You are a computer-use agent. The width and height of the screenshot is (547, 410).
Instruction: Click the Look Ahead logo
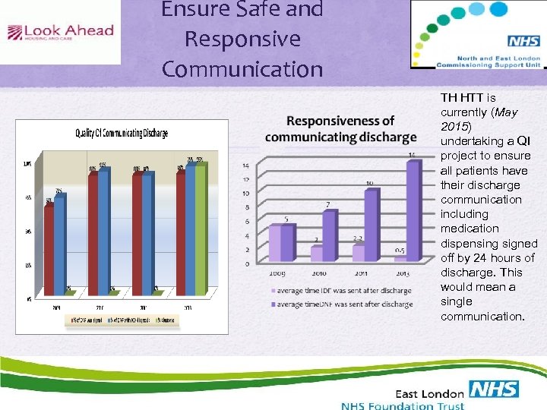(60, 32)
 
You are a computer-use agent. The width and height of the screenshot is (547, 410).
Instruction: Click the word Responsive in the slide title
(242, 39)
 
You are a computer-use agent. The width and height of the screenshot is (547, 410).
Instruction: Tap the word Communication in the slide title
(242, 68)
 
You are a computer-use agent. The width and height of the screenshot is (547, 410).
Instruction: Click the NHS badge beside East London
(494, 389)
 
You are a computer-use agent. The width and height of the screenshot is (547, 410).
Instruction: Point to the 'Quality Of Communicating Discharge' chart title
(122, 133)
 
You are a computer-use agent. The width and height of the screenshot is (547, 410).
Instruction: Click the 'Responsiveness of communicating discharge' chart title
(340, 129)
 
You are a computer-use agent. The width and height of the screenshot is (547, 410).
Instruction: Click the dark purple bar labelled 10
(370, 225)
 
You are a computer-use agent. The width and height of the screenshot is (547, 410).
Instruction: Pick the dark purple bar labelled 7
(328, 235)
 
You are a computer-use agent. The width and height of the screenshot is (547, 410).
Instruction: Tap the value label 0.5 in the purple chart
(399, 250)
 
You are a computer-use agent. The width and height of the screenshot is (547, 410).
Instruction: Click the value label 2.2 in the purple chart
(357, 238)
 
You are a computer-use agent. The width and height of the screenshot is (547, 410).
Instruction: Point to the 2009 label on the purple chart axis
(277, 273)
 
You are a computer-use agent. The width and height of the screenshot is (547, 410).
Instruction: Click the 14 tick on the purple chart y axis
(245, 166)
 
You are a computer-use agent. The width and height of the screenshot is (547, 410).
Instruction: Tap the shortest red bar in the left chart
(49, 250)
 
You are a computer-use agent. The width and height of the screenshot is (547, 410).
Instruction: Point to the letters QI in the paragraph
(523, 141)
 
